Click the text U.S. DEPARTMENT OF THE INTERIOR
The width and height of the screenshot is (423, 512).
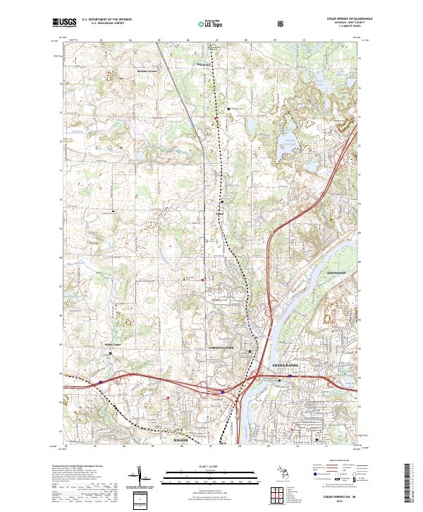107,20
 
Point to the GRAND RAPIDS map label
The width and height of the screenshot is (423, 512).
286,365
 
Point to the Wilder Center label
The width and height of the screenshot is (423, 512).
113,345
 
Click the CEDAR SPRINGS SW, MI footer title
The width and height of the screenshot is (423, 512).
341,496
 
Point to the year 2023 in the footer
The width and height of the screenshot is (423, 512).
341,501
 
